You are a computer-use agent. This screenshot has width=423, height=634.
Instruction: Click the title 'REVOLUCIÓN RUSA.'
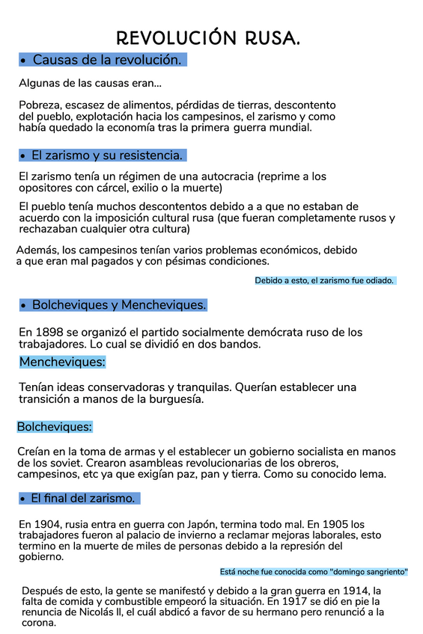point(209,38)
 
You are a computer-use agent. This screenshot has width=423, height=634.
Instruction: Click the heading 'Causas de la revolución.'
point(107,60)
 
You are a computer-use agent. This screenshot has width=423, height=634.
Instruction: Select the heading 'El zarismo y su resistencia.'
point(106,156)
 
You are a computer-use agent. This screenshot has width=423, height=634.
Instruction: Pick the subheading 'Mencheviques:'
point(63,362)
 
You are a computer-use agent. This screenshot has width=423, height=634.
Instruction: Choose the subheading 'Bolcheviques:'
point(55,427)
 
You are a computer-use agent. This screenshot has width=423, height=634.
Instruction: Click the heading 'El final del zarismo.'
point(83,497)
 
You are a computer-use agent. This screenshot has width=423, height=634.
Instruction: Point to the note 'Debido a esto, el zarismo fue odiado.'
point(324,280)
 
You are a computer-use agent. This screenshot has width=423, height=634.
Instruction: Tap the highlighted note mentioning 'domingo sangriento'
point(314,571)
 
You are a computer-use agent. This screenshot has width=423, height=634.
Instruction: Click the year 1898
point(47,332)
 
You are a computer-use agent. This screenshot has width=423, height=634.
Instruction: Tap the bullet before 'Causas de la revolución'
point(25,60)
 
